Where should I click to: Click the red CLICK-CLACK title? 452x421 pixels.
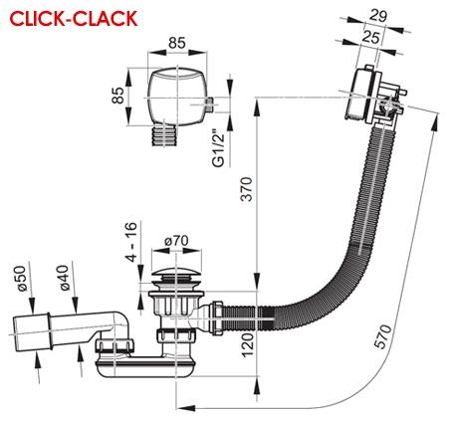click(74, 19)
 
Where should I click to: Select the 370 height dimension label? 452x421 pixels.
click(247, 189)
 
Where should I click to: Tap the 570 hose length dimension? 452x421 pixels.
click(383, 336)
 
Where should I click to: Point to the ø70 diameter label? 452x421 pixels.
click(176, 241)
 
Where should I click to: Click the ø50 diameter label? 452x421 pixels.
click(22, 279)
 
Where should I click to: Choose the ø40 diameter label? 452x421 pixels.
click(65, 278)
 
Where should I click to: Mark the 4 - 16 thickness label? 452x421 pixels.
click(131, 242)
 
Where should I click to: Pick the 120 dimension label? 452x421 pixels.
click(248, 345)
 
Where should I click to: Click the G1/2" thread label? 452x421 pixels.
click(219, 147)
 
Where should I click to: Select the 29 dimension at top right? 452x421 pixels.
click(378, 16)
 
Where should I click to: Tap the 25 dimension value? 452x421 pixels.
click(370, 37)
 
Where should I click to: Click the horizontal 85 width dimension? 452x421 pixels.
click(177, 43)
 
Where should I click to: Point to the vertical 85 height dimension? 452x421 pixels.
click(118, 95)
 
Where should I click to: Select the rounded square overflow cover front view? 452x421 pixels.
click(177, 98)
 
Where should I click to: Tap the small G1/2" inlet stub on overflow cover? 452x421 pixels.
click(210, 105)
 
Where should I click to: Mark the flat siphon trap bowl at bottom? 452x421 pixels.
click(143, 367)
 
